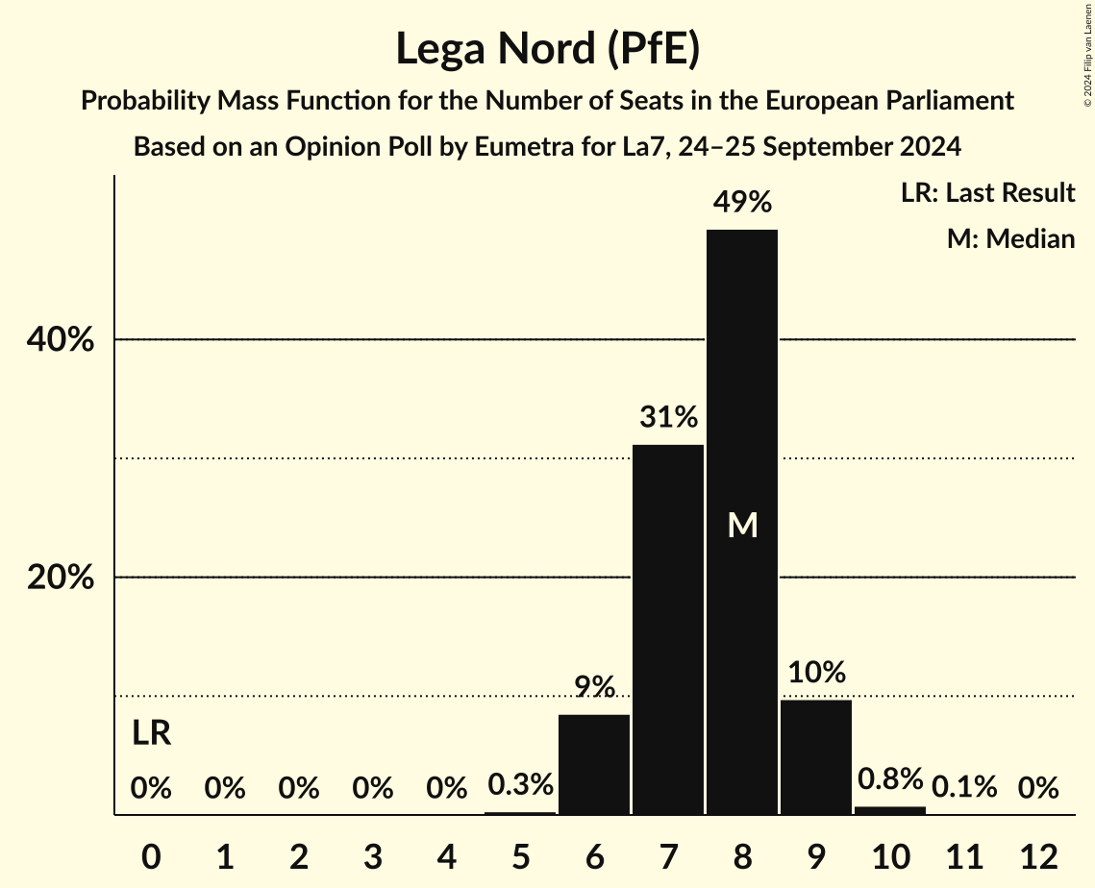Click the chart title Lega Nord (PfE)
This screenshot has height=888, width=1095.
tap(547, 49)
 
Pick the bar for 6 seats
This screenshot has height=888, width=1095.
tap(594, 765)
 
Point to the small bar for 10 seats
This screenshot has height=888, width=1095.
tap(890, 810)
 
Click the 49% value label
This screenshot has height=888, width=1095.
tap(742, 203)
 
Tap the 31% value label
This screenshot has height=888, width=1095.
tap(668, 418)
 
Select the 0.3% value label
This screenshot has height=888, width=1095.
tap(520, 786)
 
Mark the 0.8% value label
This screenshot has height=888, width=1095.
tap(890, 778)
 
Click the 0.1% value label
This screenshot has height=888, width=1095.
tap(964, 788)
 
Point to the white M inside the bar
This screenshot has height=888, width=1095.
tap(742, 525)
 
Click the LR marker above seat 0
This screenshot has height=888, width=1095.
tap(151, 734)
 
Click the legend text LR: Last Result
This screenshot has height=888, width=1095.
tap(987, 193)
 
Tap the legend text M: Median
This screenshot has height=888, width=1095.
tap(1010, 238)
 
